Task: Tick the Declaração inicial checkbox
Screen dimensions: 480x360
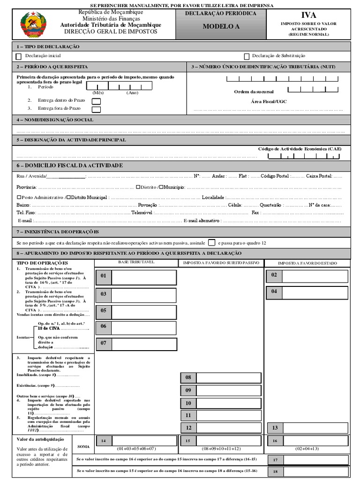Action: [x=19, y=56]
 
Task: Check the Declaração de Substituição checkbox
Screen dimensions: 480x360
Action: [x=247, y=56]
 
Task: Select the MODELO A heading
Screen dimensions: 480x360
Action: [x=221, y=27]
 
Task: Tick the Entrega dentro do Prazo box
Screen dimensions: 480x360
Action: [x=96, y=101]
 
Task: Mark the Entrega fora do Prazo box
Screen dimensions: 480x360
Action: [x=96, y=109]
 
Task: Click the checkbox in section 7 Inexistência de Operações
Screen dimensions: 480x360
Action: [x=211, y=242]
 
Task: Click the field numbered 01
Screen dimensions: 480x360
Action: [x=136, y=277]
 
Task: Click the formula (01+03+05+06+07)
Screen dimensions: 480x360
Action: [x=136, y=449]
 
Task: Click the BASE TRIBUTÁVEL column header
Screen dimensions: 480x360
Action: [x=136, y=262]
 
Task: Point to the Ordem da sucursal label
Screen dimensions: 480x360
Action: [x=254, y=91]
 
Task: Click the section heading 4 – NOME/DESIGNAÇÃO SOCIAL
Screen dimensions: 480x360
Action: [x=55, y=120]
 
